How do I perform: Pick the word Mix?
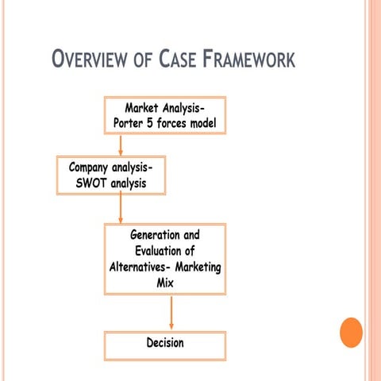click(165, 281)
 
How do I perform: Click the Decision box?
click(165, 343)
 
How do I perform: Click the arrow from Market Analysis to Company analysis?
click(120, 144)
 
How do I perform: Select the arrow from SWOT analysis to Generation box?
click(120, 208)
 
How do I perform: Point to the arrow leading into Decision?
click(171, 314)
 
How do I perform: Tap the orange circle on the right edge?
click(351, 332)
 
